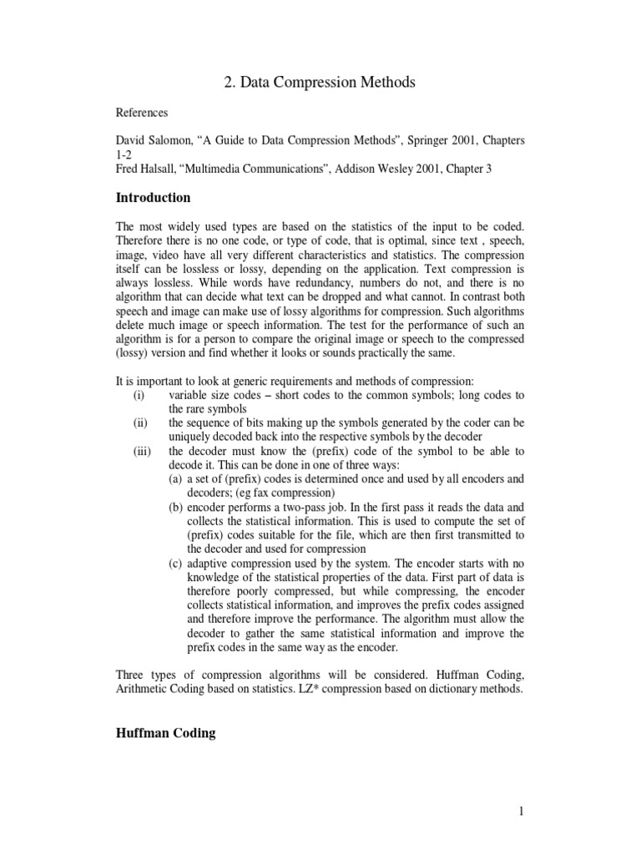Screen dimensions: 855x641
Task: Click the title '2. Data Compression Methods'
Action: [x=320, y=82]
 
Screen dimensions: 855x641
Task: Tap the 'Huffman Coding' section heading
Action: [x=165, y=733]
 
